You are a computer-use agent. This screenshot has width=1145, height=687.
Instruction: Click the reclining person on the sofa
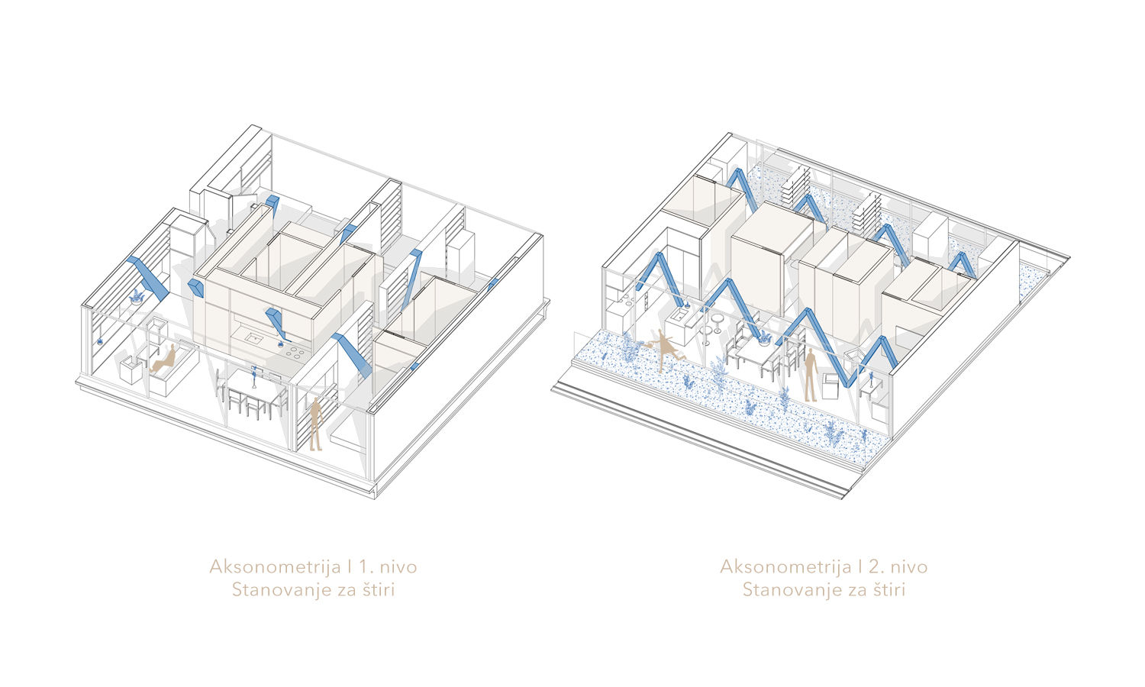click(x=163, y=359)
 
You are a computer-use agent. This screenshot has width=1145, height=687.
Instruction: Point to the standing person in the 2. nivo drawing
click(x=811, y=375)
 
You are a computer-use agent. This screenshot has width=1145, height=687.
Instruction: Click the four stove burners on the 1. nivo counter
click(x=295, y=352)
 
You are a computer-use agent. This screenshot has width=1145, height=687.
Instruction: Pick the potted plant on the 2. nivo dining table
click(x=765, y=337)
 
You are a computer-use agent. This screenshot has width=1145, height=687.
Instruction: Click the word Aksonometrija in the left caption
click(x=275, y=567)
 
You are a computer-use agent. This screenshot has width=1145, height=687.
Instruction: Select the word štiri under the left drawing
click(x=379, y=590)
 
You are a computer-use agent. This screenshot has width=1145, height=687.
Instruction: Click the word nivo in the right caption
click(x=909, y=567)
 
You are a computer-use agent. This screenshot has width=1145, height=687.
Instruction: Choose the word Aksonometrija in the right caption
click(x=786, y=567)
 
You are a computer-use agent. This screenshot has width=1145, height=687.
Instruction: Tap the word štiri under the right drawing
click(x=889, y=590)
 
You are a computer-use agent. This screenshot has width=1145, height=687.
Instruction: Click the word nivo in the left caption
click(x=398, y=567)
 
